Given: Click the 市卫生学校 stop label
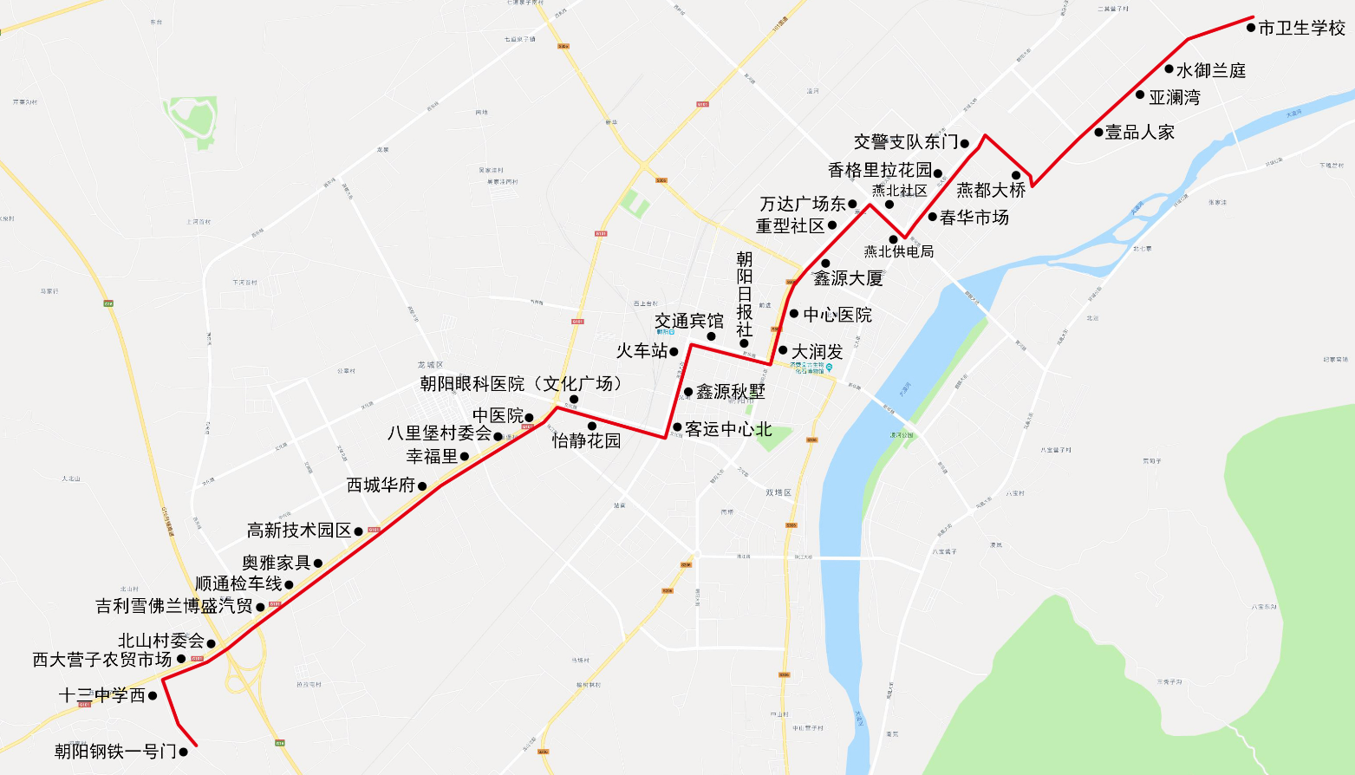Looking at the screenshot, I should click(x=1301, y=29).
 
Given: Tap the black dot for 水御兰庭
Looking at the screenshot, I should click(x=1169, y=69).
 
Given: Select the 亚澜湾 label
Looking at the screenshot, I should click(x=1175, y=98).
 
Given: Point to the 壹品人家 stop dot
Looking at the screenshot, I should click(x=1098, y=133).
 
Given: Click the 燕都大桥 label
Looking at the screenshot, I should click(x=991, y=191).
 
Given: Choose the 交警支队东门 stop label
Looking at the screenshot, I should click(x=906, y=142).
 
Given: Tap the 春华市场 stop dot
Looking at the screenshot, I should click(x=933, y=217).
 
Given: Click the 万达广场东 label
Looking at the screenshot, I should click(x=803, y=205).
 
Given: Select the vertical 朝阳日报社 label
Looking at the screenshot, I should click(x=745, y=295).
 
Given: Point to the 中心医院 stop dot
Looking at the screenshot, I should click(x=794, y=314).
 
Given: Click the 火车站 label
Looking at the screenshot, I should click(x=642, y=351).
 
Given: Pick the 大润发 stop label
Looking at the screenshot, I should click(x=817, y=352).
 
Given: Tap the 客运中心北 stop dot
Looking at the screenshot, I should click(x=677, y=427).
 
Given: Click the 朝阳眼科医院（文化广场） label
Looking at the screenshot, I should click(x=521, y=384).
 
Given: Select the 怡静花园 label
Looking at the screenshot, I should click(x=587, y=441).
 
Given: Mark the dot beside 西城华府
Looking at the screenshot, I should click(x=422, y=486).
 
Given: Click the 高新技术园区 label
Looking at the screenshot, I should click(x=299, y=531).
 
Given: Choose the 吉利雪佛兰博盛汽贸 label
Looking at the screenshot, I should click(x=174, y=606).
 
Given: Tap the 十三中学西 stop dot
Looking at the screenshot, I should click(x=153, y=695).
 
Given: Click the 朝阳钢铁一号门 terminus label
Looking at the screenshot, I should click(x=115, y=752).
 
